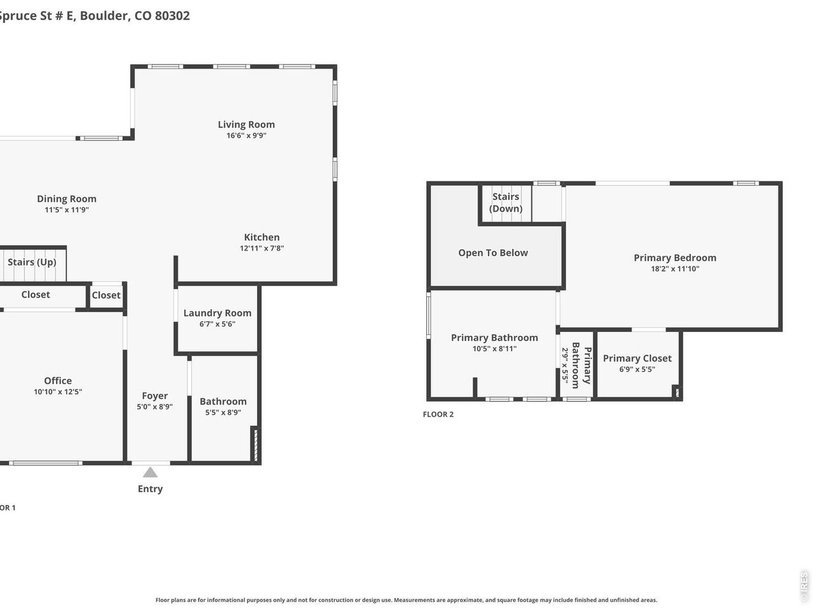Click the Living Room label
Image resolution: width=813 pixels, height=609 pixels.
246,124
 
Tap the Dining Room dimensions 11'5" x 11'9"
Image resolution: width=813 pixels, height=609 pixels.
67,209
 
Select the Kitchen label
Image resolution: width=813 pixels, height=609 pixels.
262,237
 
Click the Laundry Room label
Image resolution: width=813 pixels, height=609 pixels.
217,313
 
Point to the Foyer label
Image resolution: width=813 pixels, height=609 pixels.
154,396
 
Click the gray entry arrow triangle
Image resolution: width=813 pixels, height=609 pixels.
150,472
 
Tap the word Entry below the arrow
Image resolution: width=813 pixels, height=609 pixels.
151,488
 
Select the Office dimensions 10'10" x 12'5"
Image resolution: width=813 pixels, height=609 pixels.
58,391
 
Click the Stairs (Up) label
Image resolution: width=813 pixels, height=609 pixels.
32,262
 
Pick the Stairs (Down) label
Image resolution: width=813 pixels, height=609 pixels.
506,202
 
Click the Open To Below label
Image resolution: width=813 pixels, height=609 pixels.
493,252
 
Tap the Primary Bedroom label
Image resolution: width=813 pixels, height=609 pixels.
675,258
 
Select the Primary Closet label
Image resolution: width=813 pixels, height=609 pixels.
637,358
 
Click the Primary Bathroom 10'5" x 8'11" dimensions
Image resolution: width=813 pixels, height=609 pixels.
494,348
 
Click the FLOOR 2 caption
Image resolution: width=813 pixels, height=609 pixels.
438,414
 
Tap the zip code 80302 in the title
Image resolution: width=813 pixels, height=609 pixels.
172,16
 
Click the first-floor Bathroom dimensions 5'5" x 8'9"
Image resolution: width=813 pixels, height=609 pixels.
223,412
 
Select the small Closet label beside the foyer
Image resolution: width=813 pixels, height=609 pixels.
106,295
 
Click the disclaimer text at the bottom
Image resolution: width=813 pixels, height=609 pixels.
406,599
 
